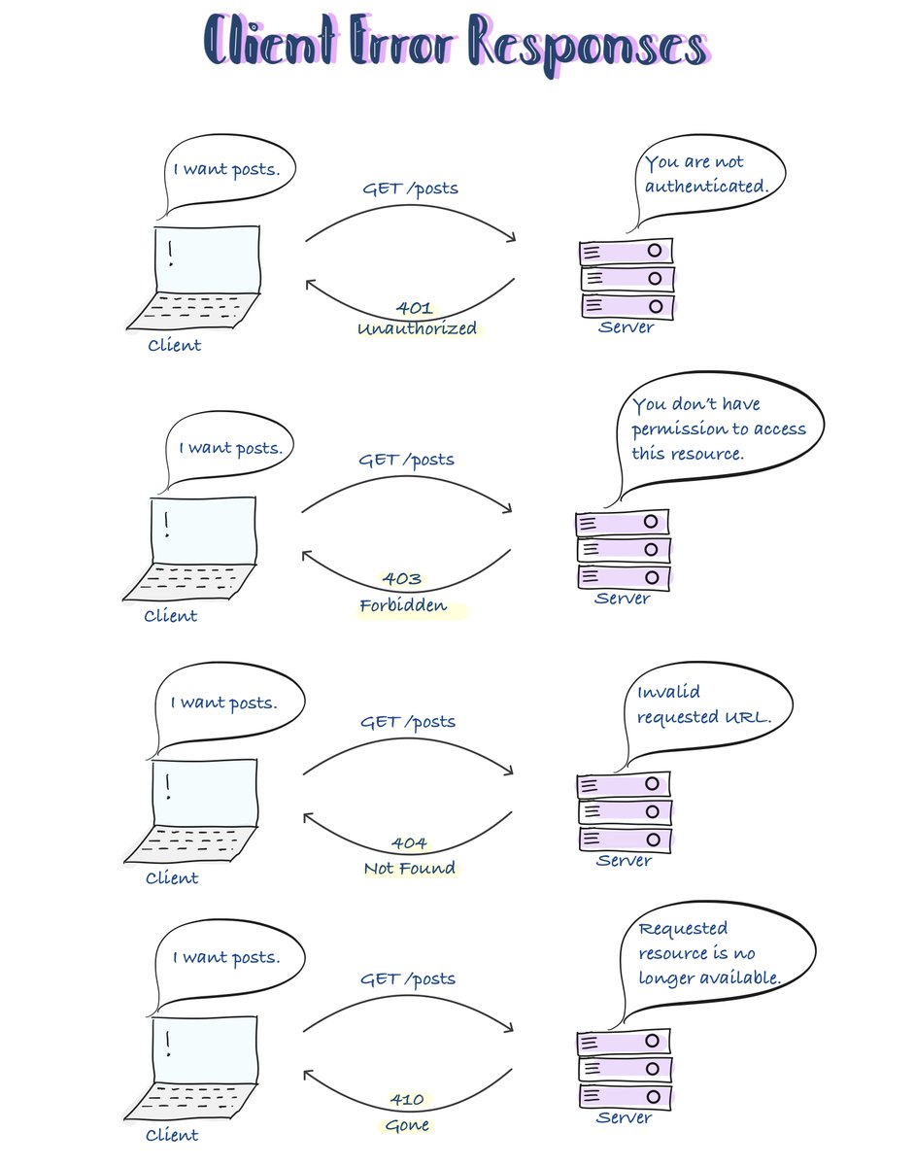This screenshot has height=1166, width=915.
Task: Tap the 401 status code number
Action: coord(414,308)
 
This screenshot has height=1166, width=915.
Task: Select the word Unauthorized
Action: coord(417,329)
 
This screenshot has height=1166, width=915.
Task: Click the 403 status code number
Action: coord(401,579)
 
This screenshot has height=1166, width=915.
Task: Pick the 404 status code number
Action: coord(408,842)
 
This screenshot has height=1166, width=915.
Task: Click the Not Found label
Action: coord(409,868)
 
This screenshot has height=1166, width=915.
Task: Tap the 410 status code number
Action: coord(406,1099)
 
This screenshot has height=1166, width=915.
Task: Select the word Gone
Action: coord(406,1125)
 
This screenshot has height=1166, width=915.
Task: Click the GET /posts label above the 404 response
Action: coord(407,722)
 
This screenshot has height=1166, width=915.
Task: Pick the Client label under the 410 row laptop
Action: coord(172,1135)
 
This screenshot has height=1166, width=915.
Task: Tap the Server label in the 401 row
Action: coord(626,327)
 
